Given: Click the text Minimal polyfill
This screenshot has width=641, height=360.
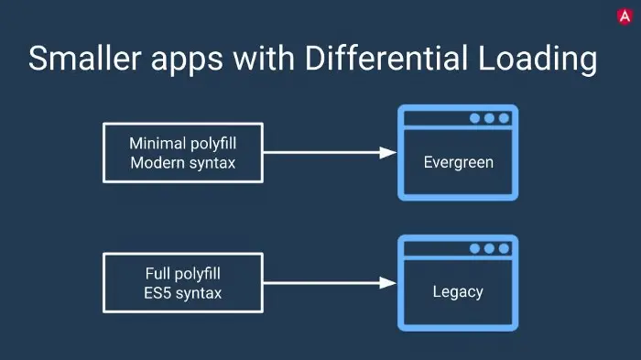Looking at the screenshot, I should pos(183,144).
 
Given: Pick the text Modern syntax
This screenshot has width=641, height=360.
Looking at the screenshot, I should pos(183,163).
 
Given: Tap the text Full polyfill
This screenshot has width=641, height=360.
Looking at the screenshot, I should pos(183,273).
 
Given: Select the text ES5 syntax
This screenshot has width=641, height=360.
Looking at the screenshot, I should pos(183,293).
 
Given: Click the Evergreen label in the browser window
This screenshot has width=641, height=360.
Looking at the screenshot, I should pos(458,163).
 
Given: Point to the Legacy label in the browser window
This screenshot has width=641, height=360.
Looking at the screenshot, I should pos(458,293).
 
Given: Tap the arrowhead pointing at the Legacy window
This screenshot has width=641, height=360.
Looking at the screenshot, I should pos(386,283).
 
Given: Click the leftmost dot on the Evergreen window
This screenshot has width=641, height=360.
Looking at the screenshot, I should pos(474,118).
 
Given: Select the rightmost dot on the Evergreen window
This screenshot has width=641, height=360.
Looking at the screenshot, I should pos(504,118).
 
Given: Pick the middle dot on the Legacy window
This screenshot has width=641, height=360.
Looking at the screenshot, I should pos(489,248).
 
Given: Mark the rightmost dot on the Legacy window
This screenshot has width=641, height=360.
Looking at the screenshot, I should pos(504,248).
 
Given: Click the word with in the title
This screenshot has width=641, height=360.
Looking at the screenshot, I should pos(256,59).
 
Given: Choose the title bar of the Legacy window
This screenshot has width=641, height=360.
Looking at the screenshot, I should pos(435,248).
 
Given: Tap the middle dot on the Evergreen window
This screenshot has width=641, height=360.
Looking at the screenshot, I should pos(489,118).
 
